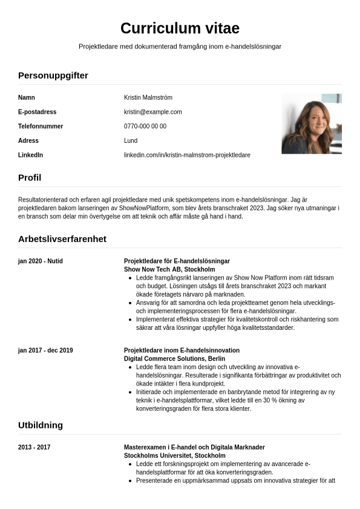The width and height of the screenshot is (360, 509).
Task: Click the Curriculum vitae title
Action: pos(180,28)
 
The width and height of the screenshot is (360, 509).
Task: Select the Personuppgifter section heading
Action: pos(53,75)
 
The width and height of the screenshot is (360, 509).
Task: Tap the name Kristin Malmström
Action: pos(148,97)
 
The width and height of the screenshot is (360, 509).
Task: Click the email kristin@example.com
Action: pos(152,112)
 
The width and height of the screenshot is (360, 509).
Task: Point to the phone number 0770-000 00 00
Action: pos(145,126)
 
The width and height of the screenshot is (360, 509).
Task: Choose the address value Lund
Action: pos(131,140)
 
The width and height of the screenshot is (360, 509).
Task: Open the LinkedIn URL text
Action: pos(187,155)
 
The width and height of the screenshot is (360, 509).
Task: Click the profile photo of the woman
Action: pos(312,123)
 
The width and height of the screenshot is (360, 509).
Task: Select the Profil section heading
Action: pos(30,177)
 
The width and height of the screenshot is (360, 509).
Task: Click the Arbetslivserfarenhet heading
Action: pos(62,238)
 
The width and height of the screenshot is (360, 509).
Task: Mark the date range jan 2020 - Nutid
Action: pos(41,261)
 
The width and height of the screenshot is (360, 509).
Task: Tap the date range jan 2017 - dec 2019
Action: pos(45,350)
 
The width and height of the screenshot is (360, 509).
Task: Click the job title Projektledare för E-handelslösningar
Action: pos(177,261)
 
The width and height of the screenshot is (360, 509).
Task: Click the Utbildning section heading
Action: pos(41,425)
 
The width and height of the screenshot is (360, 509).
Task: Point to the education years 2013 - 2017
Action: pos(34,447)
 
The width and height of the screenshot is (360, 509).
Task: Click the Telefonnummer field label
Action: pos(41,126)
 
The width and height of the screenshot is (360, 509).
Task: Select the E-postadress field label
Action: pos(37,112)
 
